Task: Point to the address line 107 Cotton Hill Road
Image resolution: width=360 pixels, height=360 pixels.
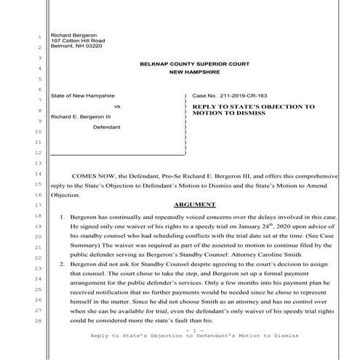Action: tap(73, 41)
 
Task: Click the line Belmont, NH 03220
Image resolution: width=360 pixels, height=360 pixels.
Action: tap(72, 47)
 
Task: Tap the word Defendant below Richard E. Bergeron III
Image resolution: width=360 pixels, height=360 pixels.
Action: tap(107, 127)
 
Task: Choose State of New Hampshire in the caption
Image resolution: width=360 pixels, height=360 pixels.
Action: tap(82, 95)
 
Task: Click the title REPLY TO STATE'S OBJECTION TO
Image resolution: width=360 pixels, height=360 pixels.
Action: tap(253, 106)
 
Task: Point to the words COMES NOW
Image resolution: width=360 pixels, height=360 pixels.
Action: tap(95, 175)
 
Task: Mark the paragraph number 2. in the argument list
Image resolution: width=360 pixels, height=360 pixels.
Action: tap(63, 268)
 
